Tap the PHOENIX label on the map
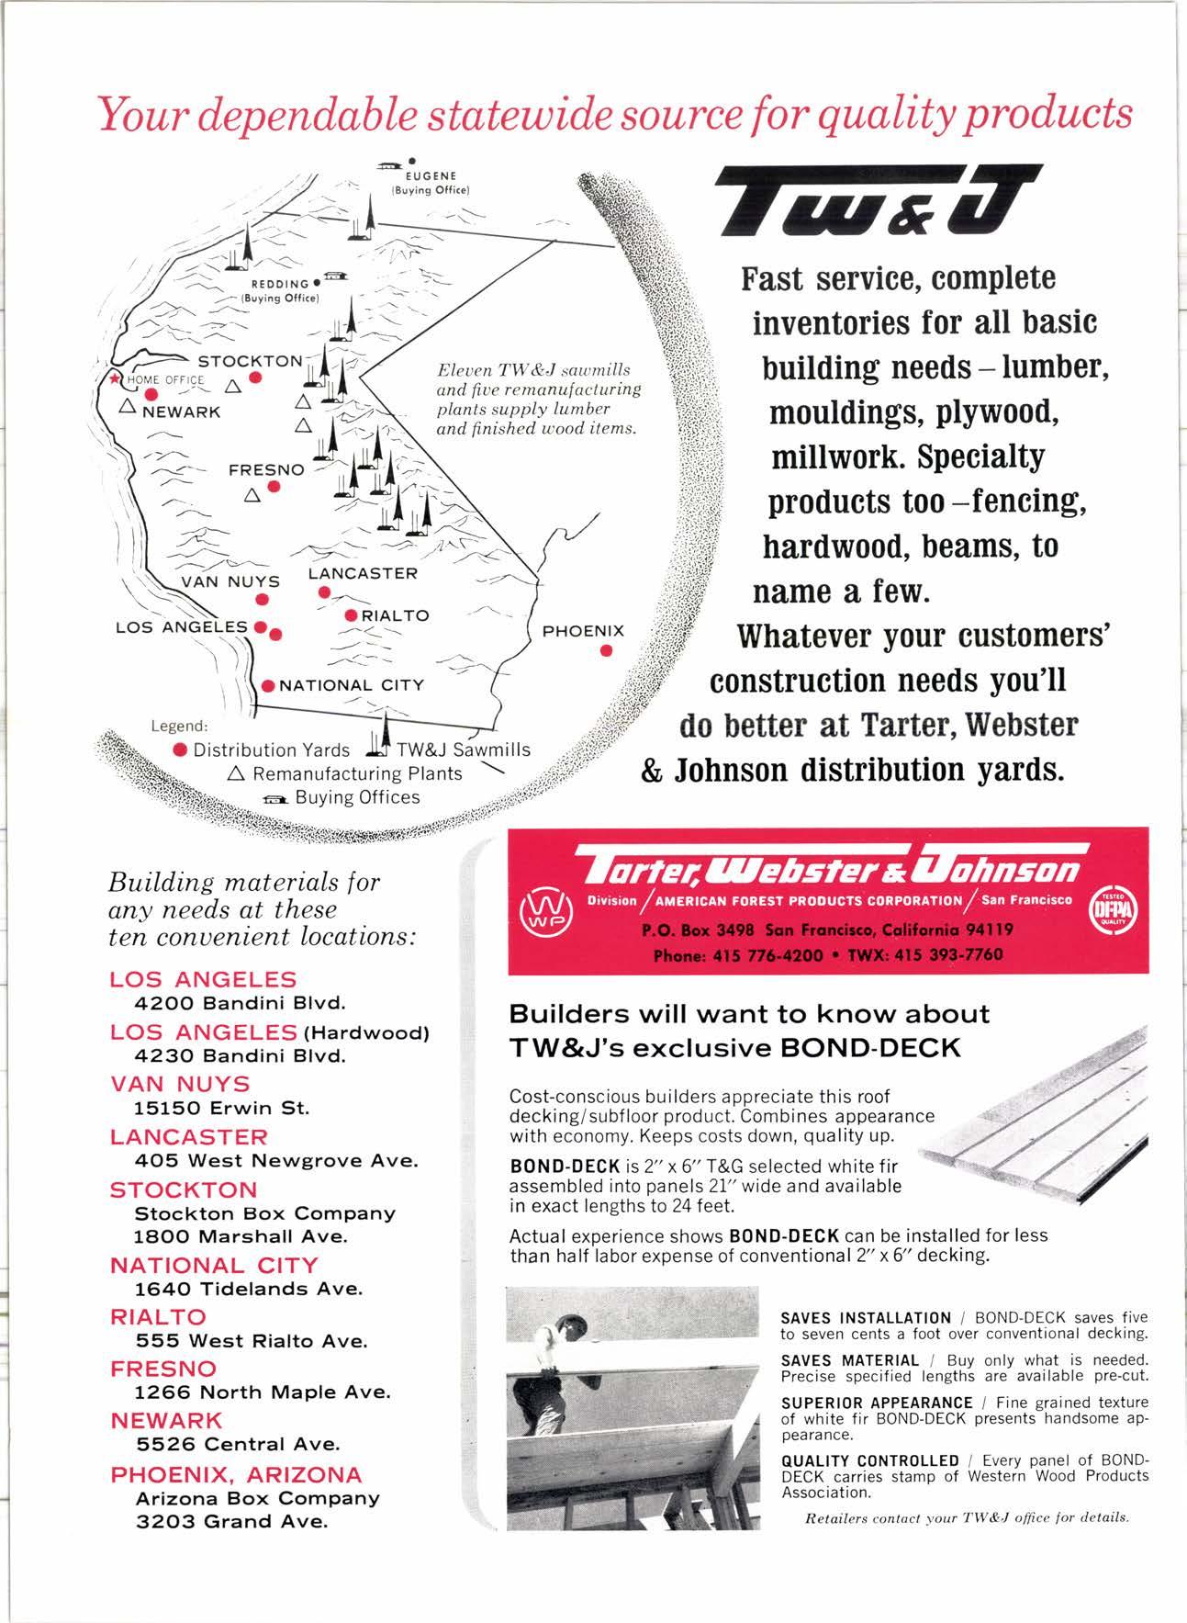583,631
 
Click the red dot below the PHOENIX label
606,651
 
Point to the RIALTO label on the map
395,614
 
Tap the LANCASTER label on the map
363,573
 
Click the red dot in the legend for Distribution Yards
181,750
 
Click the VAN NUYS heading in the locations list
180,1084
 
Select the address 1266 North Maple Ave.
263,1392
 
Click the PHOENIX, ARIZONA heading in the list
236,1474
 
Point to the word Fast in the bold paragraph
776,278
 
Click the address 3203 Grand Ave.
231,1521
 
